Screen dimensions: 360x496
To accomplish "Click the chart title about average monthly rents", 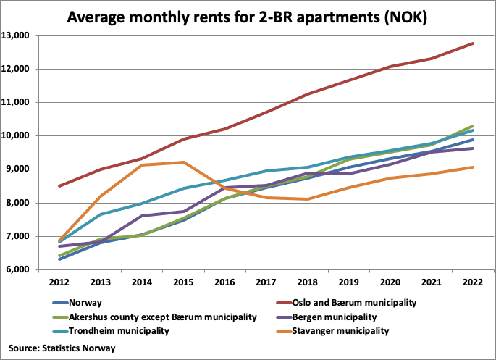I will [x=247, y=16].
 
